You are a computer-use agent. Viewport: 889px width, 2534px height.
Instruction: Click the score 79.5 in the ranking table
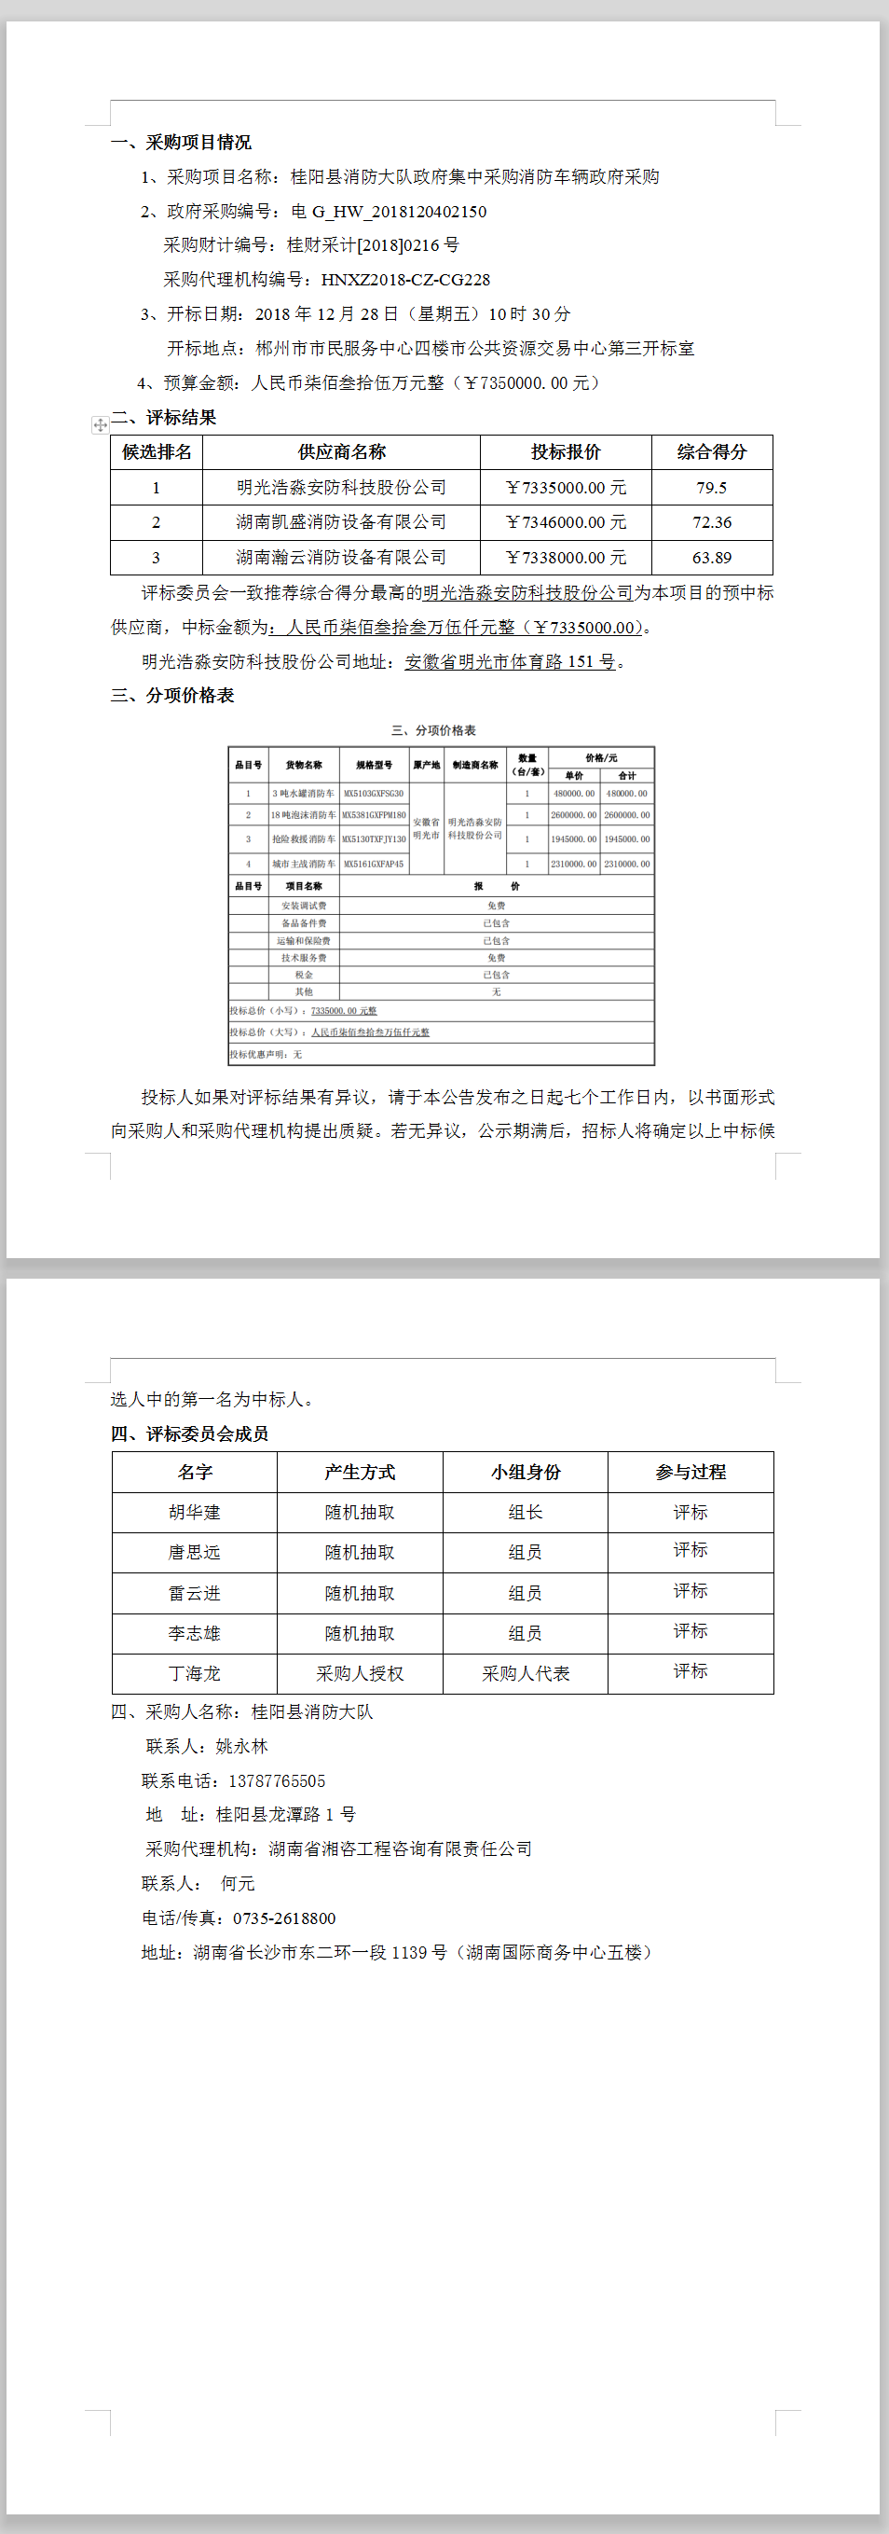[x=711, y=488]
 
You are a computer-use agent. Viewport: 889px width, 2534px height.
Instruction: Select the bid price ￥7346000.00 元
[x=566, y=522]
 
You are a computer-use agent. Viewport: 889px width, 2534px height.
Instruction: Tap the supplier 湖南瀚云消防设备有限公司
[x=341, y=558]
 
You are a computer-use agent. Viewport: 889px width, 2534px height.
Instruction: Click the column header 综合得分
[x=711, y=452]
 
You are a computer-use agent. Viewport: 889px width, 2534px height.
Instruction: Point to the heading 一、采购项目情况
[x=181, y=143]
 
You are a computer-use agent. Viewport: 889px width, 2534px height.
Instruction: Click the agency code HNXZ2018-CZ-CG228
[x=405, y=280]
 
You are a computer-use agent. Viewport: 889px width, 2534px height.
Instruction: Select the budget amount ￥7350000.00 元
[x=531, y=382]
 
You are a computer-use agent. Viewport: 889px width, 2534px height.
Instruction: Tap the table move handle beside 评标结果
[x=100, y=425]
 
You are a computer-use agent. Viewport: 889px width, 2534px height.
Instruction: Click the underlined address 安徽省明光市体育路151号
[x=511, y=662]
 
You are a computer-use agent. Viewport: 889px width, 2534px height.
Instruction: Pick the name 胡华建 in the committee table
[x=194, y=1513]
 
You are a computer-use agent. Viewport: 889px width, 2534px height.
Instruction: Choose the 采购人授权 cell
[x=359, y=1674]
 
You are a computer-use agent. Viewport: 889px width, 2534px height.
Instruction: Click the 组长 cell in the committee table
[x=526, y=1513]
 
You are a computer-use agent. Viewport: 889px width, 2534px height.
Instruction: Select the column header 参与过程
[x=691, y=1473]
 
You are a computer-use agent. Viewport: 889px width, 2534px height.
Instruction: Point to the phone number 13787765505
[x=277, y=1781]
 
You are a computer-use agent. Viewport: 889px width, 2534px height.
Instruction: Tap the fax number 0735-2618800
[x=284, y=1918]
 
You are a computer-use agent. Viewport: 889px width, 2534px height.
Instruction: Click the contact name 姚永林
[x=241, y=1747]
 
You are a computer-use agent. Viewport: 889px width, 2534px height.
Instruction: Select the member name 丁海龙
[x=194, y=1674]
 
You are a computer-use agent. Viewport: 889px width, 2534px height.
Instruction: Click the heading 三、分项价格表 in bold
[x=172, y=697]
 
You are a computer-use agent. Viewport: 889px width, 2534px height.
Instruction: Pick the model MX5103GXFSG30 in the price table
[x=374, y=794]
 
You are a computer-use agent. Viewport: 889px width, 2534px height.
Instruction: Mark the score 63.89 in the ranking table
[x=711, y=558]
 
